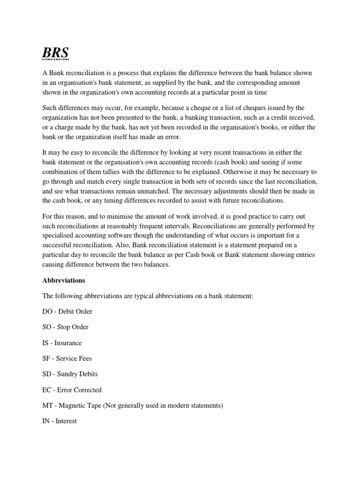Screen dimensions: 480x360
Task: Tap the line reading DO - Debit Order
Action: tap(67, 311)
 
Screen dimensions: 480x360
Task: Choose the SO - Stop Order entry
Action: tap(65, 327)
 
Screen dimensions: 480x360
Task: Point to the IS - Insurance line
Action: tap(62, 343)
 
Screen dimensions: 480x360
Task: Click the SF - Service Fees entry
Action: tap(67, 359)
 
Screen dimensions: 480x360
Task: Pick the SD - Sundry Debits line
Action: tap(70, 374)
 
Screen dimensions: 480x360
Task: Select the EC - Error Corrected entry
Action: tap(72, 390)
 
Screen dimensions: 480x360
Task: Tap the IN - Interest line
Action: tap(60, 421)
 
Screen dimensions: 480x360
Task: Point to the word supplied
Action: tap(168, 82)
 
